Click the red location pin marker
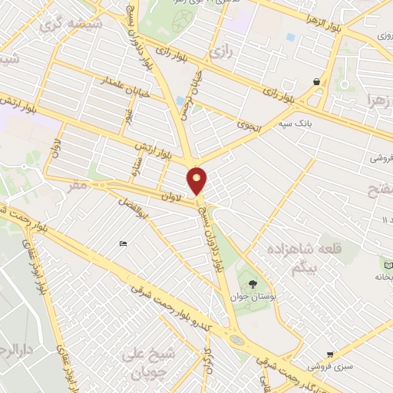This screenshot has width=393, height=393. point(197,181)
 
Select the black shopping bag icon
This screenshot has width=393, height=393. point(316,81)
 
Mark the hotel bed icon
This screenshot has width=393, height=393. point(124,244)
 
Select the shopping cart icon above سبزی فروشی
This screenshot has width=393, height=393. point(330,354)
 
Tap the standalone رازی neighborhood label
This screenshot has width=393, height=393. point(222,53)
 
